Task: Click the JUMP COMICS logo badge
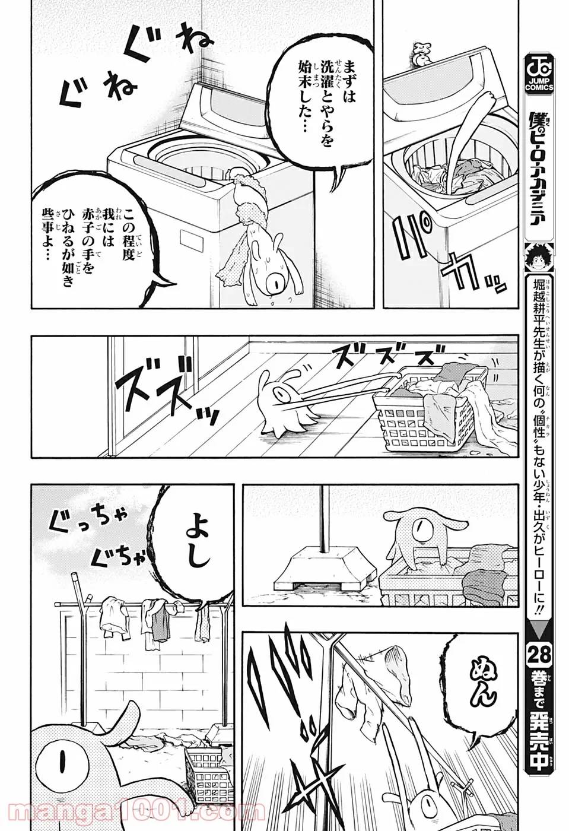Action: pos(539,72)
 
